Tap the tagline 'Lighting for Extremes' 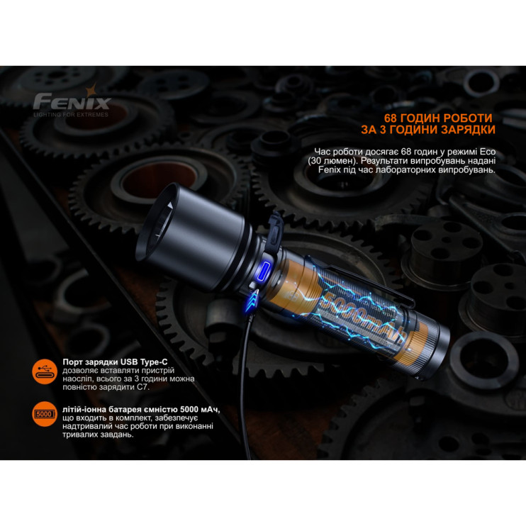pos(72,113)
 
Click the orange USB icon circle pos(45,371)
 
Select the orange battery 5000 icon pos(45,413)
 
